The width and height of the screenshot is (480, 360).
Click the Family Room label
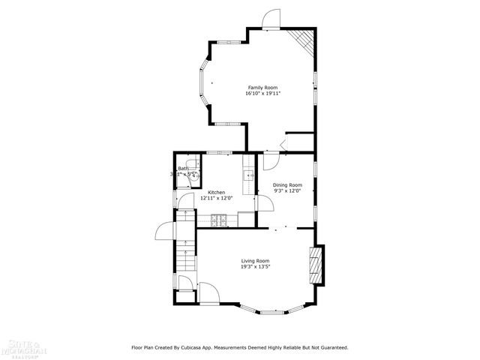point(262,88)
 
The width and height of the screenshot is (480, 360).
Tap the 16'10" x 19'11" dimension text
point(262,94)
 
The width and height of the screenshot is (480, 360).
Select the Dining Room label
point(287,185)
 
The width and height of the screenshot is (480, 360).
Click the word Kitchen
point(217,193)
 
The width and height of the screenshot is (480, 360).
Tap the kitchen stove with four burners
point(218,219)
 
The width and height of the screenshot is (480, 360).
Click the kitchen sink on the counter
point(247,176)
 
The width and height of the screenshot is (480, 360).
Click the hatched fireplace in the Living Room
point(317,265)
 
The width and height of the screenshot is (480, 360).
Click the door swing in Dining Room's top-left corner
point(270,159)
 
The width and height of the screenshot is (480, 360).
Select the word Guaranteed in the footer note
point(331,347)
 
